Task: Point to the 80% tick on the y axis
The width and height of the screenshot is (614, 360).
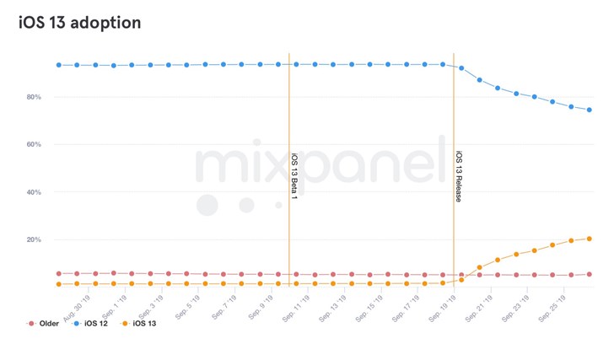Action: click(x=34, y=97)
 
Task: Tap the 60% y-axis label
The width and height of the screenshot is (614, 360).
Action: click(x=34, y=145)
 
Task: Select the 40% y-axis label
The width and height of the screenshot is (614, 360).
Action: click(x=34, y=192)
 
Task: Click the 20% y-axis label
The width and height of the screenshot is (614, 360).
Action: click(x=34, y=239)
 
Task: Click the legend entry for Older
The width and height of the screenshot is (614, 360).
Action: click(x=44, y=324)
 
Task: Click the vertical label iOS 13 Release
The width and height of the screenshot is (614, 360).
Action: click(x=460, y=177)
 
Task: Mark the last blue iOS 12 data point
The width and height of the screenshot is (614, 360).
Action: click(x=589, y=110)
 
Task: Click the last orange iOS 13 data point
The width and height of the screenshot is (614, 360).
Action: click(x=589, y=239)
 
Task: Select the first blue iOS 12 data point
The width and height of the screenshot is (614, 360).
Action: click(x=58, y=65)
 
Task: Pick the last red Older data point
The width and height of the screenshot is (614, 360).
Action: click(x=589, y=274)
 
